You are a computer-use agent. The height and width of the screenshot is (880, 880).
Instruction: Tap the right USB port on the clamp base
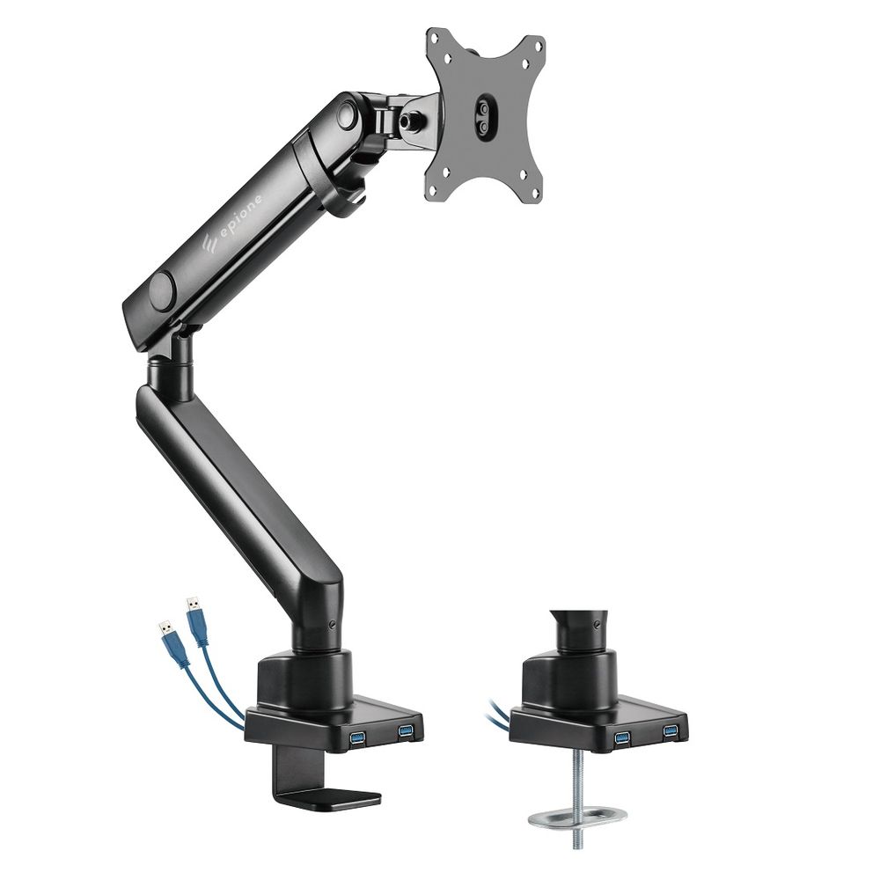pos(405,730)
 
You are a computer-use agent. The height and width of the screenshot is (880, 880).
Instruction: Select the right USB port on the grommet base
pos(671,730)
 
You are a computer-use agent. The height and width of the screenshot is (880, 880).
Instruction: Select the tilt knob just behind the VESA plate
pos(410,121)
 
